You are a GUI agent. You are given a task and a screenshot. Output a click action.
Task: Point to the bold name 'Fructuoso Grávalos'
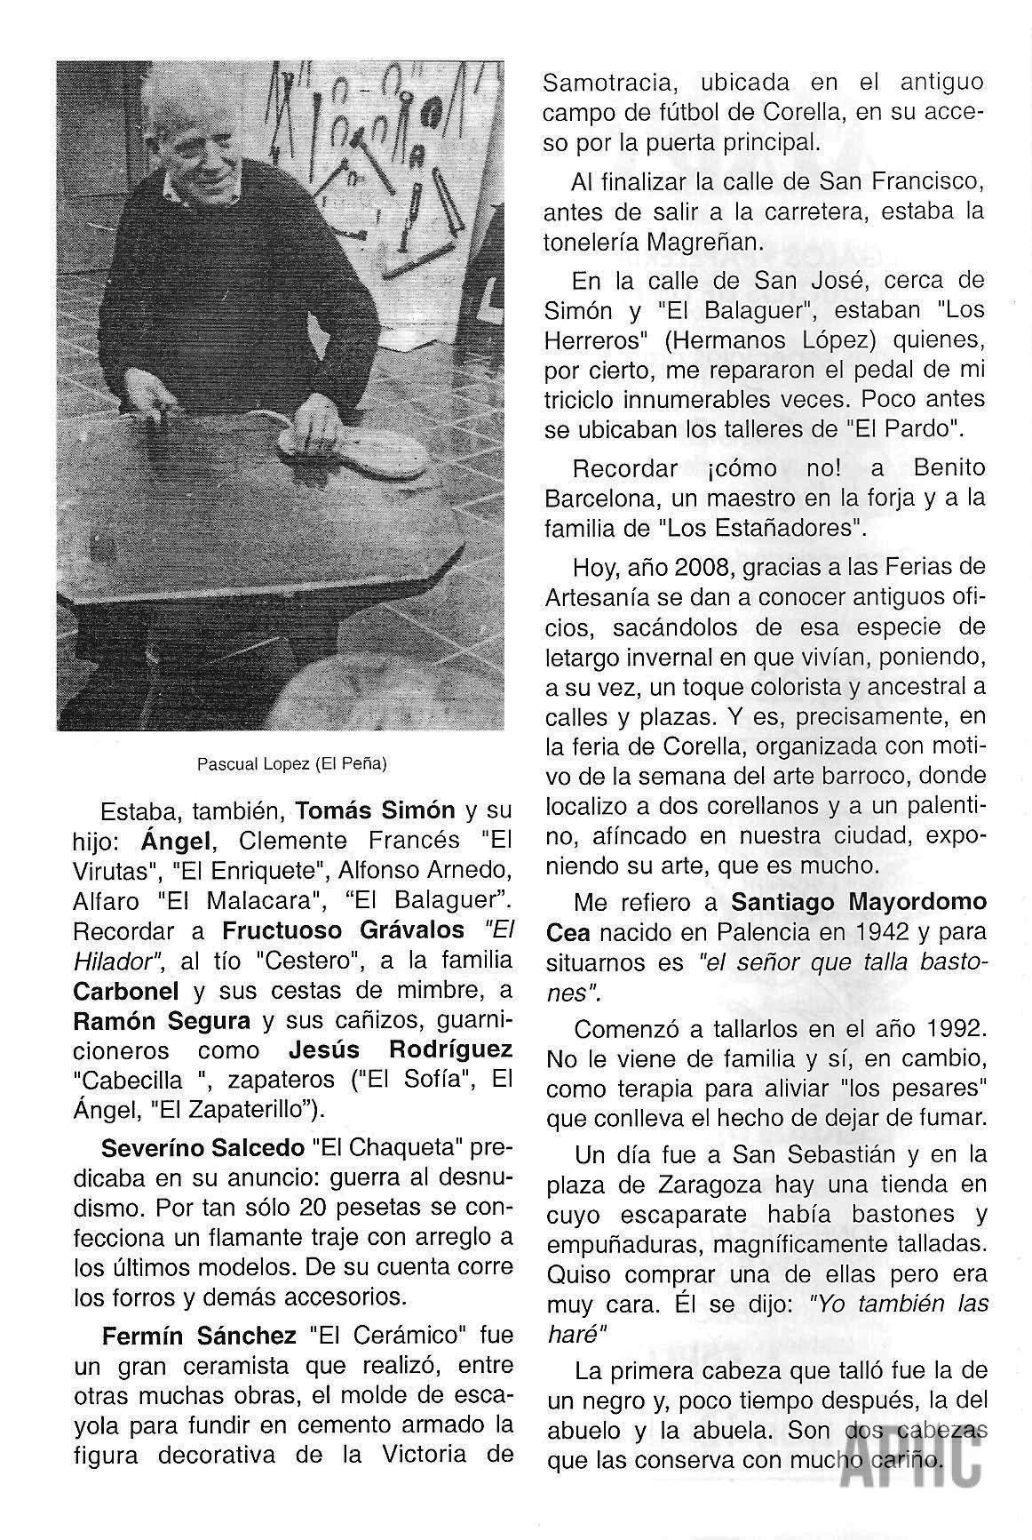pos(343,930)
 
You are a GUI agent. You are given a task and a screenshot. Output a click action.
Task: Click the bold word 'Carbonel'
pos(125,991)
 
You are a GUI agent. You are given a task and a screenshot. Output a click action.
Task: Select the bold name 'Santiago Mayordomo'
pos(859,902)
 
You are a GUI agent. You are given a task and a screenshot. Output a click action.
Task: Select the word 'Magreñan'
pos(712,242)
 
